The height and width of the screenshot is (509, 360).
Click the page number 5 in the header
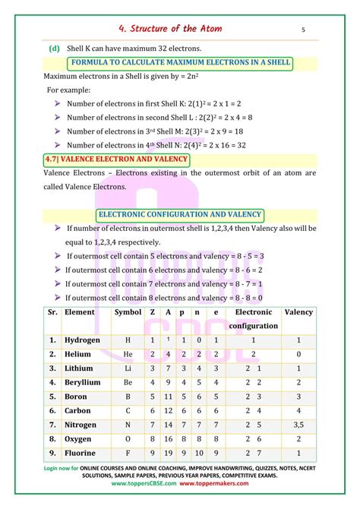coord(303,30)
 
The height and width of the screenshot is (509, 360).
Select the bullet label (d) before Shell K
coord(54,48)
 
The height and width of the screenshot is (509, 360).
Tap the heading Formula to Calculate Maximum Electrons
coord(181,62)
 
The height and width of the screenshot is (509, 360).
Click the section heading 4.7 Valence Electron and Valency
coord(113,160)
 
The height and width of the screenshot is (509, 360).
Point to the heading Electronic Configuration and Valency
coord(180,214)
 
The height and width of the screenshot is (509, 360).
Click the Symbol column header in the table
coord(127,312)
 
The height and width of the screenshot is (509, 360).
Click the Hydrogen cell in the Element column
coord(82,340)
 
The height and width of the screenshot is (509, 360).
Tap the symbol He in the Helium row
coord(128,355)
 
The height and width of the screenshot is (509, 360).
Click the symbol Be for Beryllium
coord(128,383)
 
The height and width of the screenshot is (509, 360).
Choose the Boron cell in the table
coord(76,397)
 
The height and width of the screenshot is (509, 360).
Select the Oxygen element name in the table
coord(78,439)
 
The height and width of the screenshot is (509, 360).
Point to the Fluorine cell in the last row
coord(81,454)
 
